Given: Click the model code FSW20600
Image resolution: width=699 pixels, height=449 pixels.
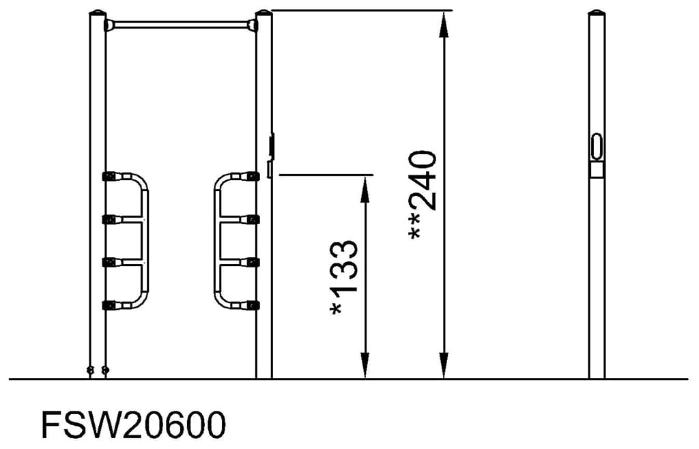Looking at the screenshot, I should pyautogui.click(x=132, y=425).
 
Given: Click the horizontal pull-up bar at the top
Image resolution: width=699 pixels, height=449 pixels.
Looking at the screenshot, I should pyautogui.click(x=180, y=25).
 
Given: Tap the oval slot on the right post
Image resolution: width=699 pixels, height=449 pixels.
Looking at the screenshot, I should pyautogui.click(x=597, y=145).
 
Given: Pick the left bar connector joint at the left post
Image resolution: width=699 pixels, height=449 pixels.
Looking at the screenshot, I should pyautogui.click(x=109, y=25).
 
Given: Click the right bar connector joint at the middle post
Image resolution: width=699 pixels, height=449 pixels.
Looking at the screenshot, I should pyautogui.click(x=252, y=26).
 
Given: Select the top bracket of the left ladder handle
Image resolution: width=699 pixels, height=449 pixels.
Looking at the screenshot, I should pyautogui.click(x=109, y=176).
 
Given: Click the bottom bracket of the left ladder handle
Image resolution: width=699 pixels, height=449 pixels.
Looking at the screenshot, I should pyautogui.click(x=109, y=305).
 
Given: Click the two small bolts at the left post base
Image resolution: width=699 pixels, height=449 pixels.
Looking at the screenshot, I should pyautogui.click(x=97, y=370).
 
